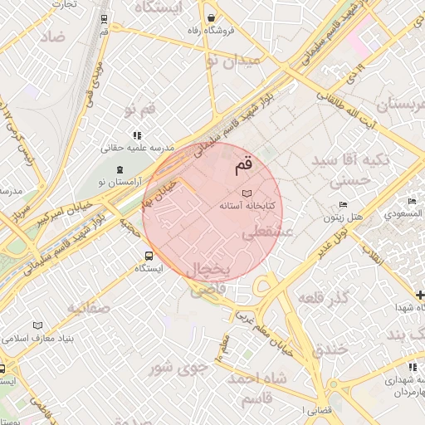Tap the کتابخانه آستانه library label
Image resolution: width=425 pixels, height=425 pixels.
coord(247,203)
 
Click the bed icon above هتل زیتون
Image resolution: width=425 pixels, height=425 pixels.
coord(343,205)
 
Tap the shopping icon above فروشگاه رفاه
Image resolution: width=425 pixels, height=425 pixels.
coord(212,18)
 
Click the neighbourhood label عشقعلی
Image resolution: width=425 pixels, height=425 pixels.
coord(267,234)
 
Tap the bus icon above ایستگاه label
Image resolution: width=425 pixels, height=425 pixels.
coord(148,256)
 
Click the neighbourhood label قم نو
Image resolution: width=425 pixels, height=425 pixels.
coord(140,109)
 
